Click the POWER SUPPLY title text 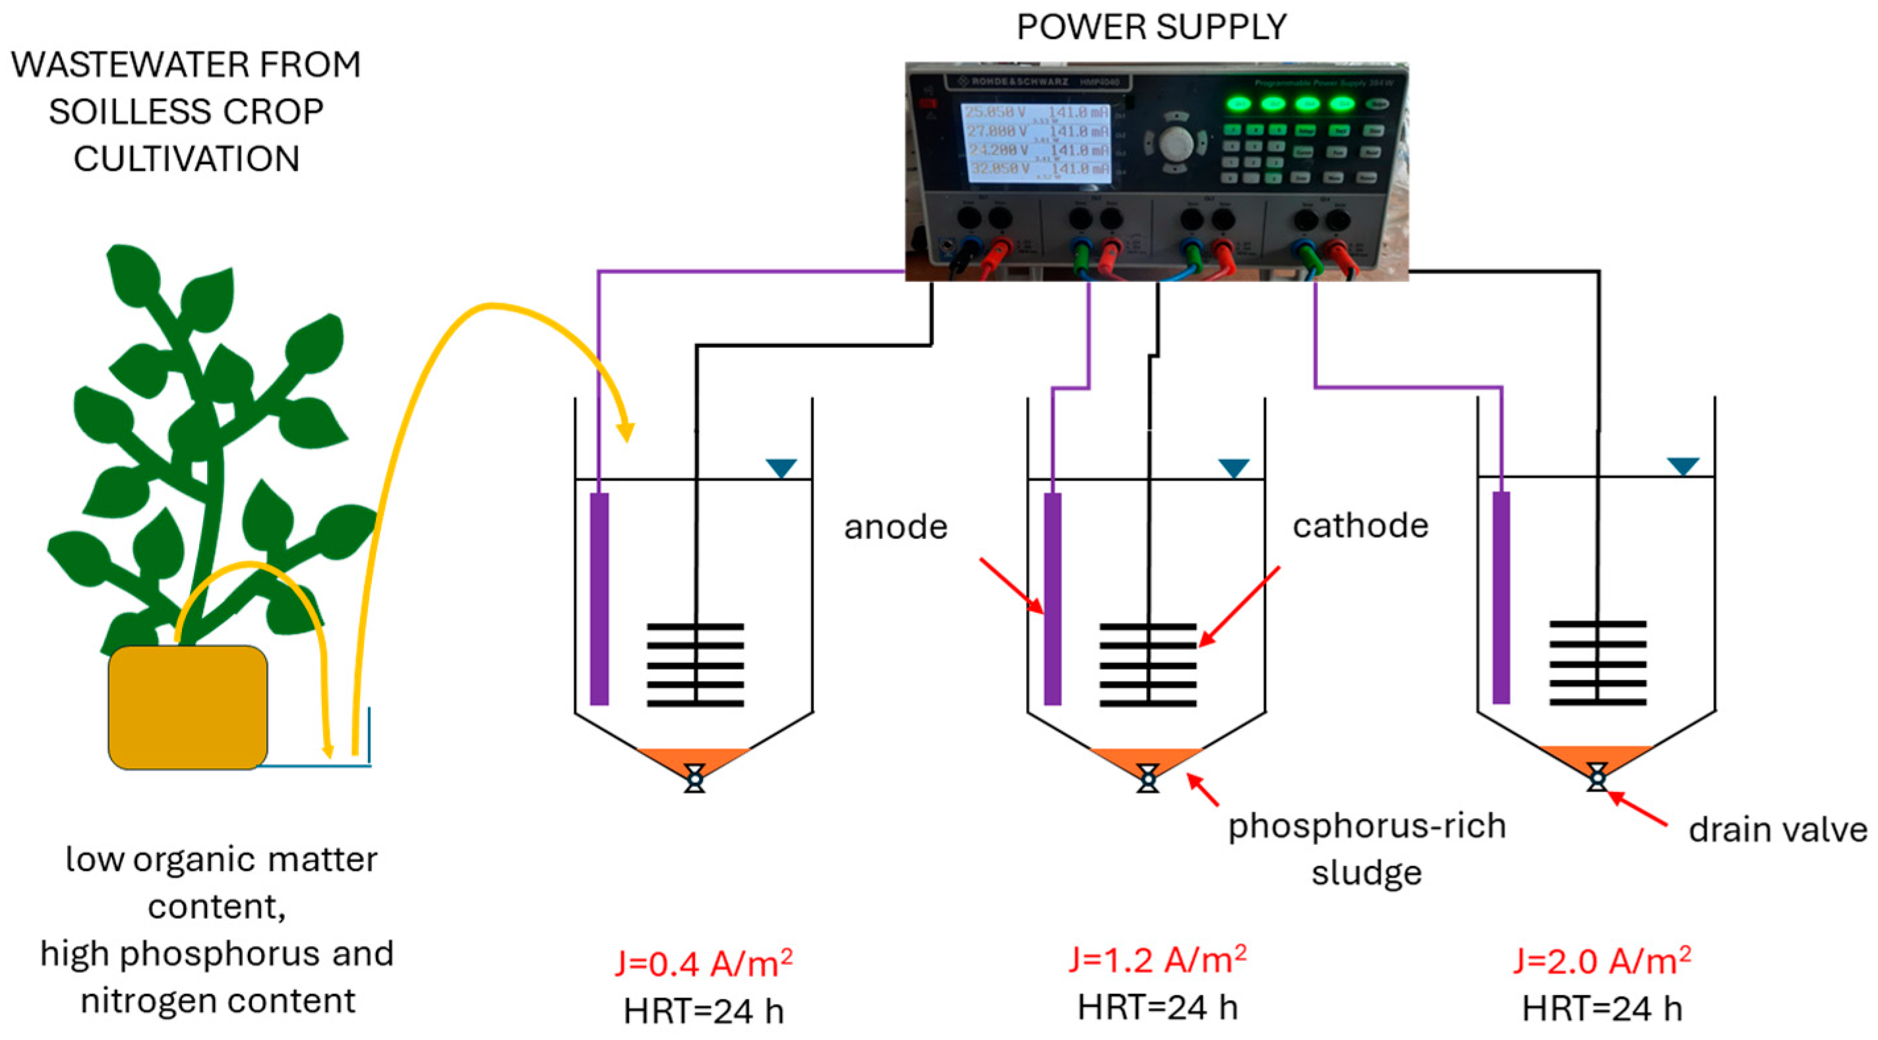coord(1151,27)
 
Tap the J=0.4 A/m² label coord(704,964)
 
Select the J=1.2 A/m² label coord(1157,959)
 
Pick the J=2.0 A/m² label coord(1602,960)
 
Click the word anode coord(895,527)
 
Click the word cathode coord(1360,525)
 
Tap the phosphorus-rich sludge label coord(1367,849)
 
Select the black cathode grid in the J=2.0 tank coord(1597,663)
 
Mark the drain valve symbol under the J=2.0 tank coord(1597,778)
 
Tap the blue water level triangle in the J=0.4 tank coord(781,467)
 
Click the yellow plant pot coord(188,707)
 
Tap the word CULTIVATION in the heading coord(187,159)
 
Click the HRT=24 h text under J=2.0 coord(1602,1008)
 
